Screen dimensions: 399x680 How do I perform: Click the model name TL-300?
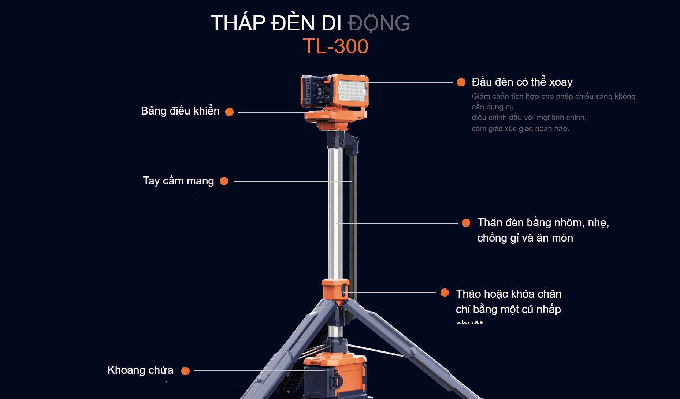(335, 46)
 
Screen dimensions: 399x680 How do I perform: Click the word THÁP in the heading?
(238, 23)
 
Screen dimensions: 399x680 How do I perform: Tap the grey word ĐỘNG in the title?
(379, 23)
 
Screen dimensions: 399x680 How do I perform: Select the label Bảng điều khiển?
(180, 111)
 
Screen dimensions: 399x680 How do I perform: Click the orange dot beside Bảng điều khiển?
(229, 112)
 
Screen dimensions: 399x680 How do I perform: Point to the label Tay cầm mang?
(178, 181)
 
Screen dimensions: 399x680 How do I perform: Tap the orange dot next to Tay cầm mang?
(224, 181)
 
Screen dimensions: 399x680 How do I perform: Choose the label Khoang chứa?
(140, 370)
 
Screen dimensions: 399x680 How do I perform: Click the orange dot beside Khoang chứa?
(186, 371)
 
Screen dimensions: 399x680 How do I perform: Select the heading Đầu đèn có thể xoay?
(522, 82)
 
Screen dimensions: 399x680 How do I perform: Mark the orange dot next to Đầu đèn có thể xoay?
(461, 82)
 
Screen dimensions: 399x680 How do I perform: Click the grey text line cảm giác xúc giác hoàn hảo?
(520, 128)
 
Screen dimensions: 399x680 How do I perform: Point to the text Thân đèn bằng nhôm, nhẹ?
(543, 223)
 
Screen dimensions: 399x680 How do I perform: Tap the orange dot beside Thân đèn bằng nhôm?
(466, 223)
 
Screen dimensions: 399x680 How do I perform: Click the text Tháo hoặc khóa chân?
(508, 294)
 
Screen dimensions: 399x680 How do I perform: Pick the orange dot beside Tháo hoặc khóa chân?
(445, 292)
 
